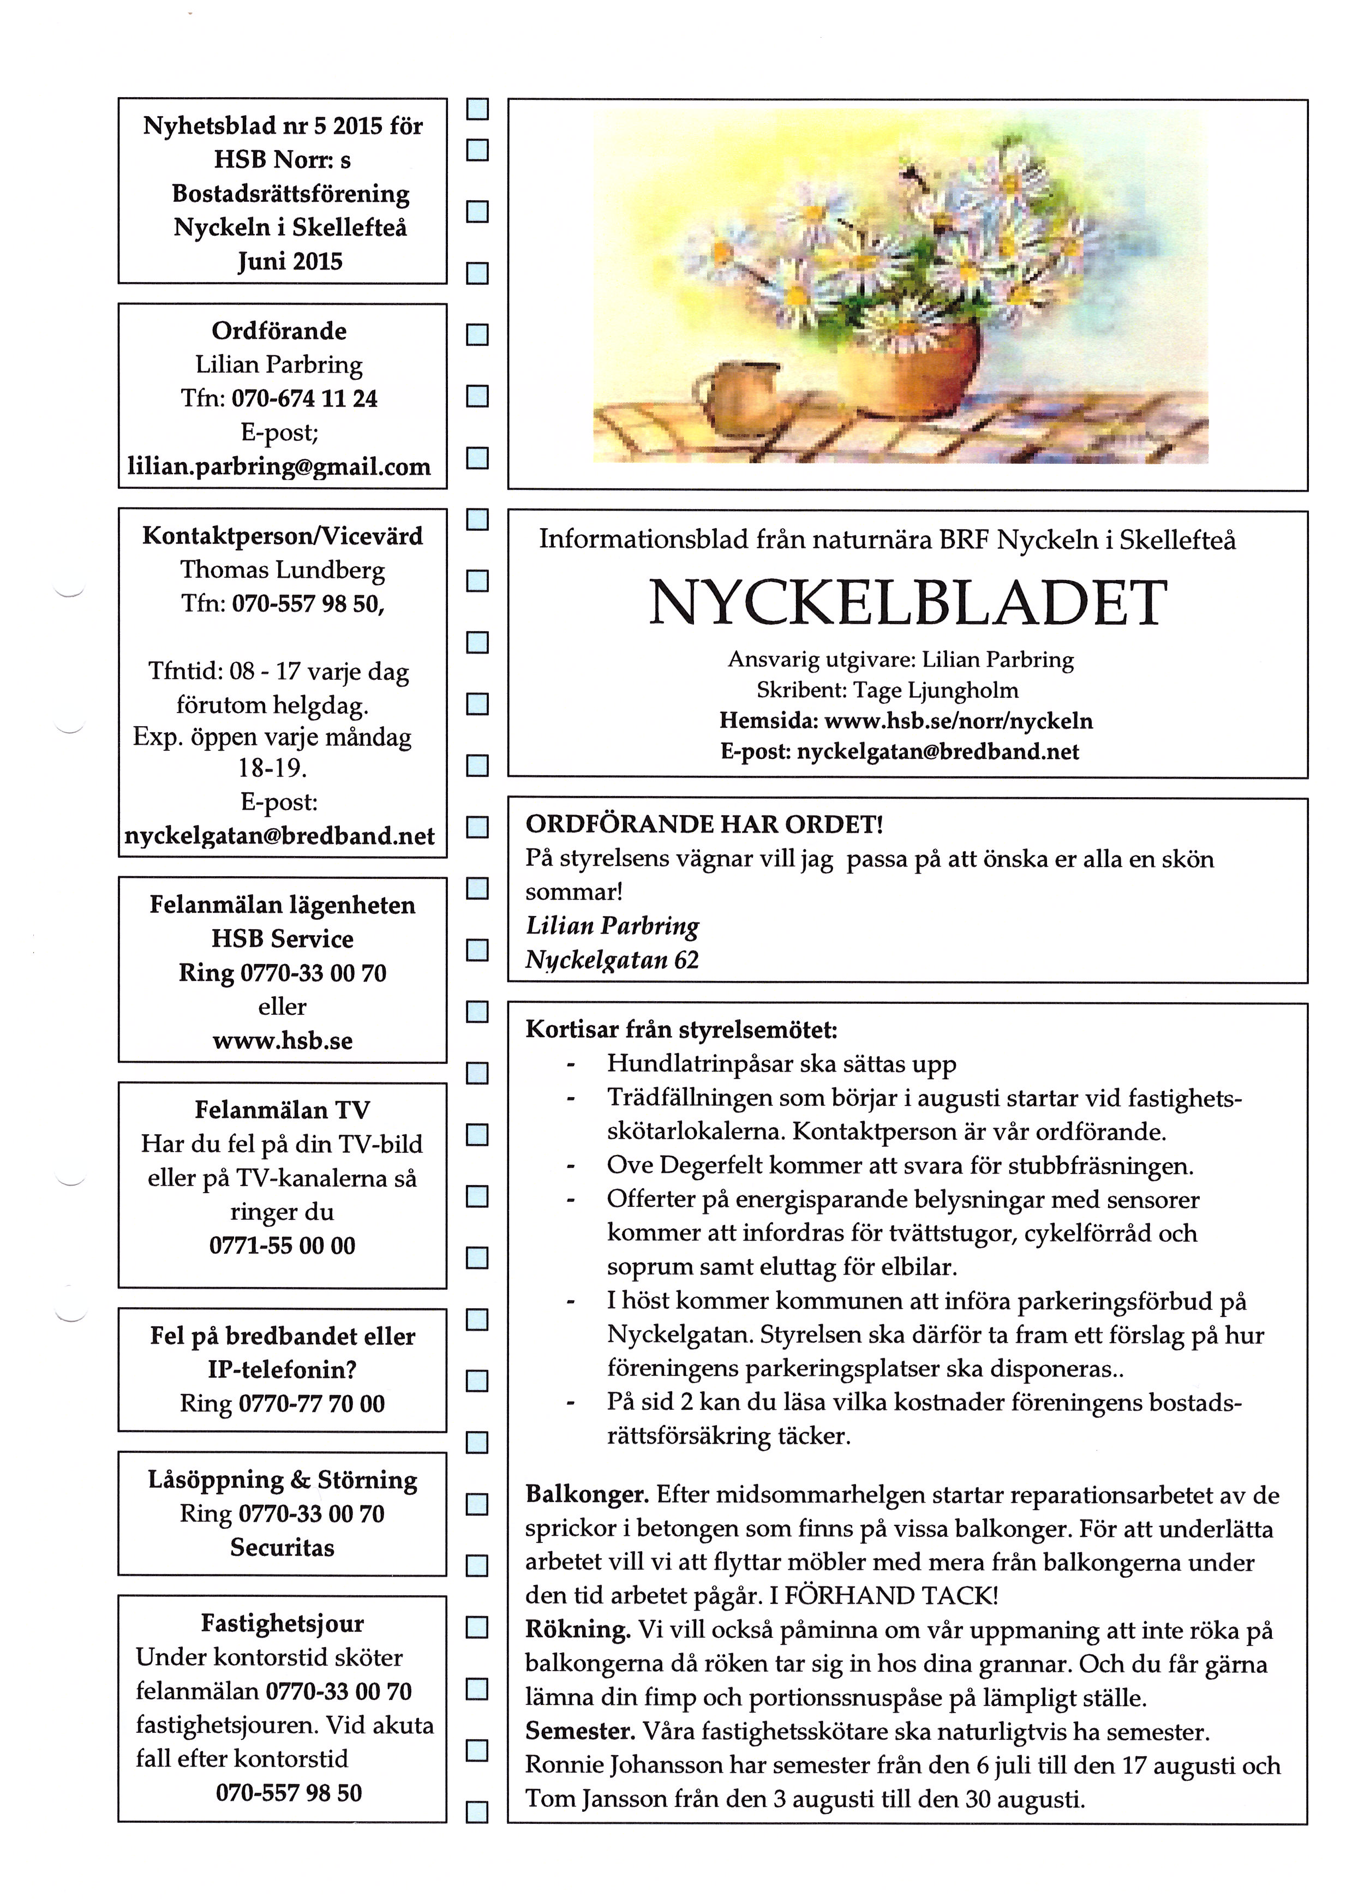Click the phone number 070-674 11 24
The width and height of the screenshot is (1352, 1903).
click(304, 399)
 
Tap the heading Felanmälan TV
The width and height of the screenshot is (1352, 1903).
click(282, 1110)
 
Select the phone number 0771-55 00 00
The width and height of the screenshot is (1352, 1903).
click(282, 1246)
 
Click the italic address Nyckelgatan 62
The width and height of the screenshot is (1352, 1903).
click(612, 960)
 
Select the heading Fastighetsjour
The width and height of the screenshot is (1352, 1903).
click(282, 1623)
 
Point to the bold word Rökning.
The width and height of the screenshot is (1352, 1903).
click(578, 1630)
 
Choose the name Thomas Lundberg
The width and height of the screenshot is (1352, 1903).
click(282, 570)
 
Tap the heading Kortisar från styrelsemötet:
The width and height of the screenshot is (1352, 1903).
click(681, 1030)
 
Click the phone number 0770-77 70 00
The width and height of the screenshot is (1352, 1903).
click(312, 1404)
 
